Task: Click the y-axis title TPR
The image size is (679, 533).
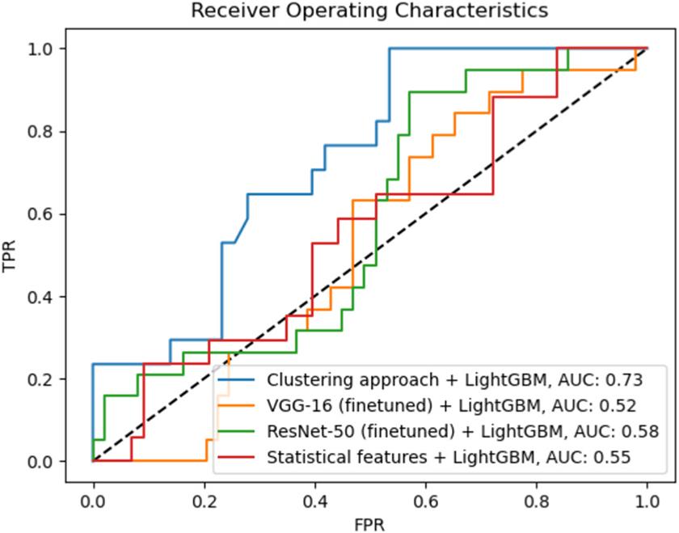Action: [11, 255]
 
